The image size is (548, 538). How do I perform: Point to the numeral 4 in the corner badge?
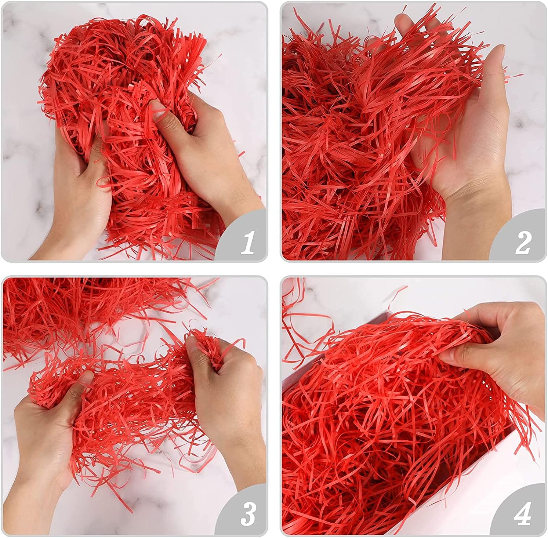[523, 514]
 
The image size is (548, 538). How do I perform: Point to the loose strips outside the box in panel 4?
[305, 323]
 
